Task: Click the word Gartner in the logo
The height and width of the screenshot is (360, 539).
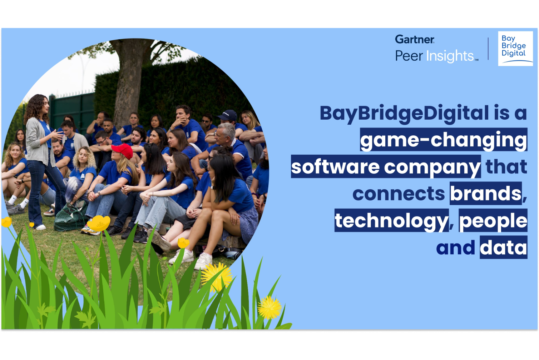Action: [x=415, y=39]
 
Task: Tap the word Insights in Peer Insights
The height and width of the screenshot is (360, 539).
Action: [x=450, y=56]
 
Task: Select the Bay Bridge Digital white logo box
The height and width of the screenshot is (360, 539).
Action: [x=515, y=48]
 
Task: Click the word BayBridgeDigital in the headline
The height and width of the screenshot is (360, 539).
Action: [x=404, y=114]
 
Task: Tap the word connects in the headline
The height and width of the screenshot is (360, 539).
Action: [x=399, y=194]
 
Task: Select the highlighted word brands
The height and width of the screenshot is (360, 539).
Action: [x=486, y=193]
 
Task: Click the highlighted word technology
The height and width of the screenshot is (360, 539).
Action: [x=391, y=221]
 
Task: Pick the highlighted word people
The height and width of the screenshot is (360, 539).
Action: [x=493, y=221]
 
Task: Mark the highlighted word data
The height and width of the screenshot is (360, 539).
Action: [x=503, y=247]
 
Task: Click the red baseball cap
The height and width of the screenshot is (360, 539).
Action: [x=123, y=151]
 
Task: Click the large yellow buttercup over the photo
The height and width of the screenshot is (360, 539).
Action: [x=99, y=223]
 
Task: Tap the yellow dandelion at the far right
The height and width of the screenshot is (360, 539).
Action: [x=269, y=307]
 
